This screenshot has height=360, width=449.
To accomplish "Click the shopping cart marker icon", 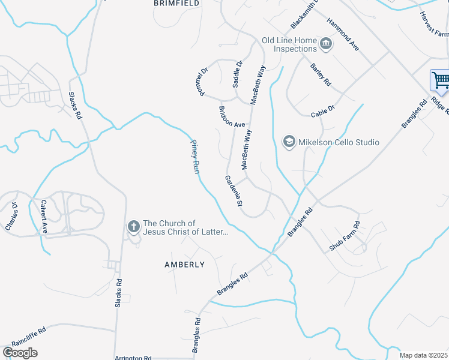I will pos(439,80).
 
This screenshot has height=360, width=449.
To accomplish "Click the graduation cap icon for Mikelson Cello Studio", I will pos(289,142).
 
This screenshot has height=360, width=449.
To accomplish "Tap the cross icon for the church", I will pos(133,227).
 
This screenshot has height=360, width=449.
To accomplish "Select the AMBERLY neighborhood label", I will pos(184,264).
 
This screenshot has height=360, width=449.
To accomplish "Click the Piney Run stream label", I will pos(194,157).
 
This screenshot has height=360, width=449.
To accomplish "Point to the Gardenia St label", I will pos(233,191).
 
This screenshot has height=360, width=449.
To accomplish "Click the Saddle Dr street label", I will pos(237,71).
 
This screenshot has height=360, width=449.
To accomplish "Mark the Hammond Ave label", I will pos(343,34).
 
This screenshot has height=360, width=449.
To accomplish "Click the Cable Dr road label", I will pos(322,112).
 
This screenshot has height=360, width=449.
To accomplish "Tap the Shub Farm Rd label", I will pos(345,236).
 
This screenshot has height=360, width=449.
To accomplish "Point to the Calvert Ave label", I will pos(43,216).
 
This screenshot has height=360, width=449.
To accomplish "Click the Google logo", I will pos(20,353).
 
